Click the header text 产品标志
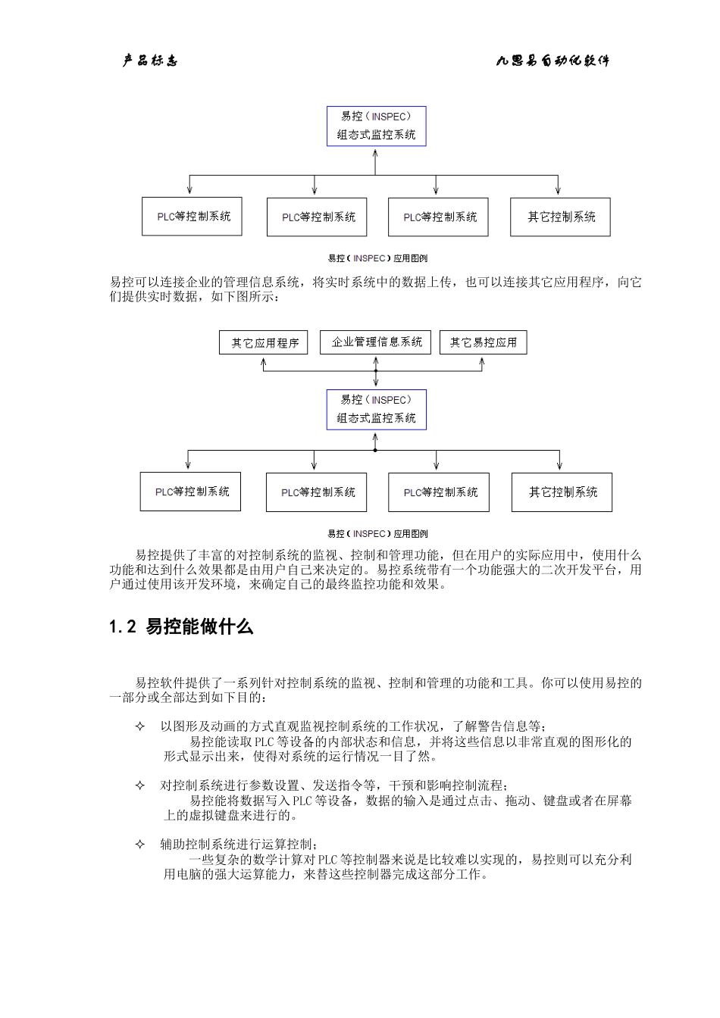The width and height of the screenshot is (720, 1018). [150, 61]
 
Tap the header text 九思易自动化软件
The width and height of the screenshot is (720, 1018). [553, 61]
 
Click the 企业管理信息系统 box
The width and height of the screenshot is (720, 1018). [376, 342]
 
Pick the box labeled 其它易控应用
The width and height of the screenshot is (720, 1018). [483, 342]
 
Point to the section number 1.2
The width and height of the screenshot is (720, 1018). [122, 627]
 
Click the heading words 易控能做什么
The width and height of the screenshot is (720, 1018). [199, 627]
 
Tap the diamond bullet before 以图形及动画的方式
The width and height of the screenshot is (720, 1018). [139, 726]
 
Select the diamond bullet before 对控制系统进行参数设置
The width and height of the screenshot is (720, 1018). [139, 785]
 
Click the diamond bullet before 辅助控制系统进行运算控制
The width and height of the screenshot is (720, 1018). [139, 845]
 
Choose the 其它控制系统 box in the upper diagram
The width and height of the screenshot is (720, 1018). [560, 217]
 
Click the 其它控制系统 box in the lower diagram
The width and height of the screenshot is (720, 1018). [562, 492]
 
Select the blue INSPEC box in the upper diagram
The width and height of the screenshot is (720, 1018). [376, 126]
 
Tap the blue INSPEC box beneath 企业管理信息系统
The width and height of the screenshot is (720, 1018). [376, 410]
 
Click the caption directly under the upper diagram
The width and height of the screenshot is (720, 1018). [377, 258]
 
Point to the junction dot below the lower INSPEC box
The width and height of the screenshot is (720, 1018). [375, 450]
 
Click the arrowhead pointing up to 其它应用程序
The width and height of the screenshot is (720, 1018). [264, 361]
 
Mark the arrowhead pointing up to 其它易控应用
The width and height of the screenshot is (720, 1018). [483, 361]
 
